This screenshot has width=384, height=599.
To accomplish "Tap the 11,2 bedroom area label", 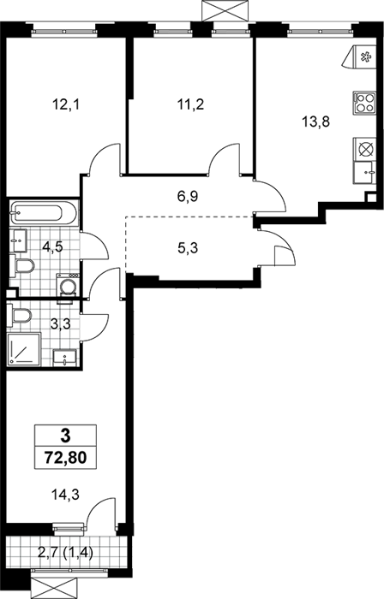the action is click(190, 104).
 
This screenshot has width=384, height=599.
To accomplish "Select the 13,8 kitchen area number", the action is click(315, 122).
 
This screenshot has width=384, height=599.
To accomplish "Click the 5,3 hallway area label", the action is click(189, 249).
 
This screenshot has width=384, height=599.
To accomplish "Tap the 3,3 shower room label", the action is click(61, 324).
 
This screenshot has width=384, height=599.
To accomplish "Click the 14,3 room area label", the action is click(65, 495).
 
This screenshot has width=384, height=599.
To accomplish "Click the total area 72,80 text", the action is click(65, 456).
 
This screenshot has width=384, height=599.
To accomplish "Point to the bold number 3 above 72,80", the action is click(65, 435).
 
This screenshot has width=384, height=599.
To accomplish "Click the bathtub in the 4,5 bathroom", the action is click(44, 214).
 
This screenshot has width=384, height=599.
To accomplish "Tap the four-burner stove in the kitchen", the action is click(364, 103).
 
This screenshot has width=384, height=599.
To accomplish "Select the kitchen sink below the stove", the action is click(364, 173).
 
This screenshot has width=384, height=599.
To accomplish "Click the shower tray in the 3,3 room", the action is click(24, 349).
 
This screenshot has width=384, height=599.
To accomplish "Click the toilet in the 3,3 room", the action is click(19, 316).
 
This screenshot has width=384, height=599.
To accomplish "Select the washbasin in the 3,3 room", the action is click(65, 357).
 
